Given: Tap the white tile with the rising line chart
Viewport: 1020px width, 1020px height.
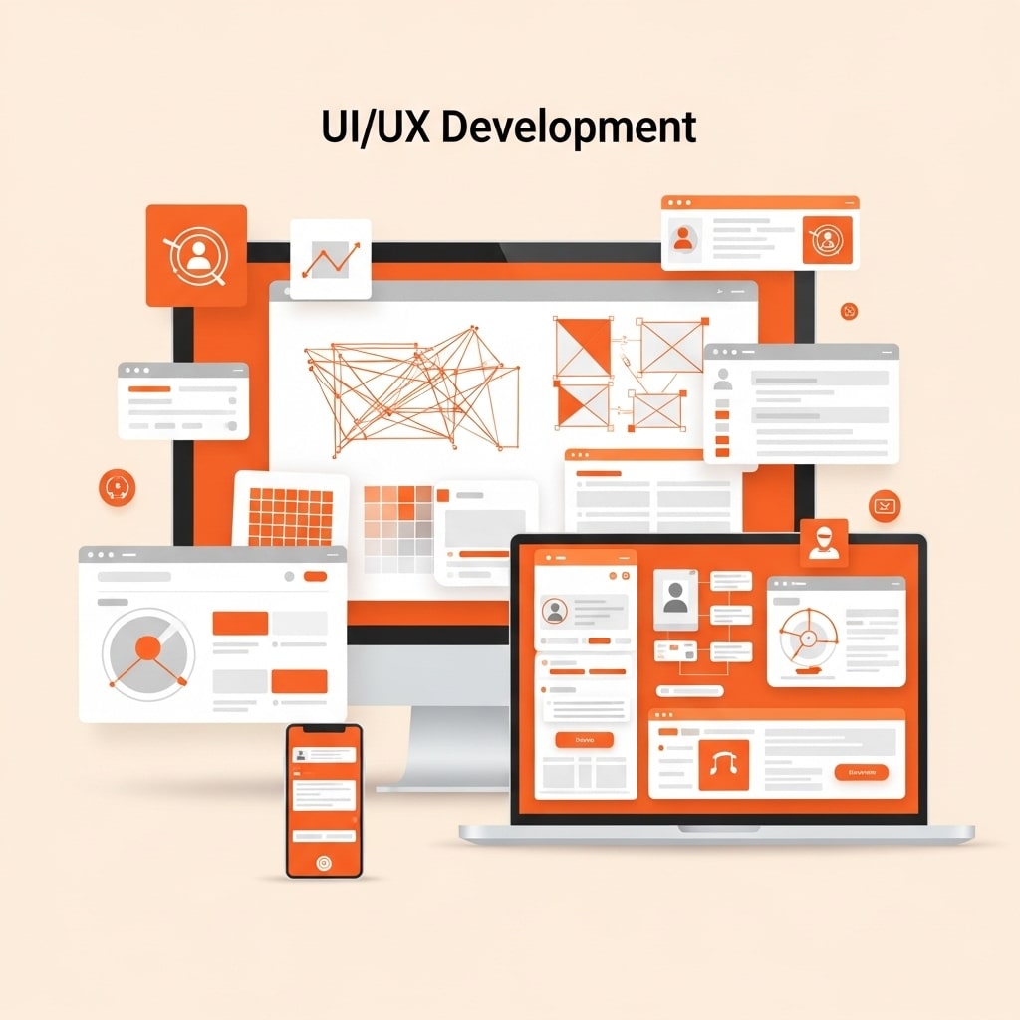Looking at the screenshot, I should (x=330, y=259).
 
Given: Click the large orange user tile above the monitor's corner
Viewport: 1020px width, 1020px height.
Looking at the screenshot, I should (x=196, y=255).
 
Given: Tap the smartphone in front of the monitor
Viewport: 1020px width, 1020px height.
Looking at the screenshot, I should (x=324, y=801).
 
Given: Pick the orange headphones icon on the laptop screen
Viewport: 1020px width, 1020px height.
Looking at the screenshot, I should (x=723, y=765).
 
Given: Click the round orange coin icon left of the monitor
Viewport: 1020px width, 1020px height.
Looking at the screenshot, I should (x=117, y=486).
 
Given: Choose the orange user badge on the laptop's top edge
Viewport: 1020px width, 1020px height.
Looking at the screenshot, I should (x=824, y=543).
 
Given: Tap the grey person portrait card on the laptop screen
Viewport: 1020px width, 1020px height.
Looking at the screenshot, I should (x=676, y=598).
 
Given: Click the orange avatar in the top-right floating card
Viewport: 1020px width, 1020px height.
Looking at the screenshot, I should (x=683, y=238).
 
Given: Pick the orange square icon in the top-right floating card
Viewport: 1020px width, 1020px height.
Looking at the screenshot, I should (x=827, y=240).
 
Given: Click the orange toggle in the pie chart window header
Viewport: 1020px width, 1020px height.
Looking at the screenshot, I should (x=315, y=576).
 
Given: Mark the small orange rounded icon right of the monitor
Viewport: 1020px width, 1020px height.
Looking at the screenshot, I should (x=885, y=505).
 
